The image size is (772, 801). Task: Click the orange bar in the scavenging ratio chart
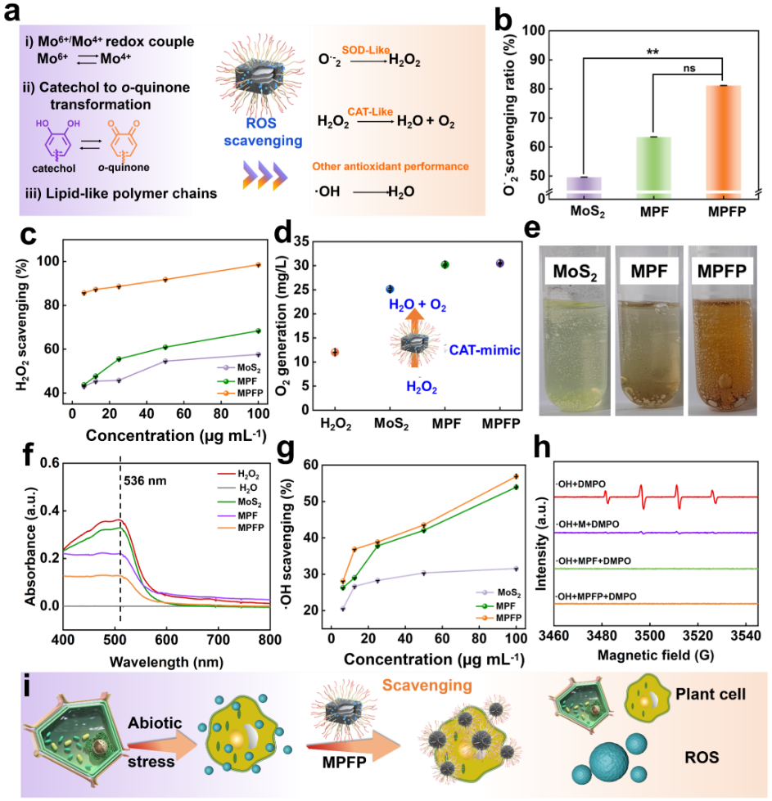pos(724,141)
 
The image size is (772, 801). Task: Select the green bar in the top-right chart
pos(653,167)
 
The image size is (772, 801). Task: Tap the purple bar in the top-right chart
pos(585,187)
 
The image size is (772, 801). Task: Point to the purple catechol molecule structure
pos(61,139)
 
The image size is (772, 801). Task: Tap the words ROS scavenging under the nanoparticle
pos(252,133)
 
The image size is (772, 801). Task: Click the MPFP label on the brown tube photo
pos(721,272)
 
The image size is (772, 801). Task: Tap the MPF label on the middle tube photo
pos(648,272)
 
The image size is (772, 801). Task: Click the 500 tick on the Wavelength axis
pos(114,638)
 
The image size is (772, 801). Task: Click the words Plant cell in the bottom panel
pos(711,694)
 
